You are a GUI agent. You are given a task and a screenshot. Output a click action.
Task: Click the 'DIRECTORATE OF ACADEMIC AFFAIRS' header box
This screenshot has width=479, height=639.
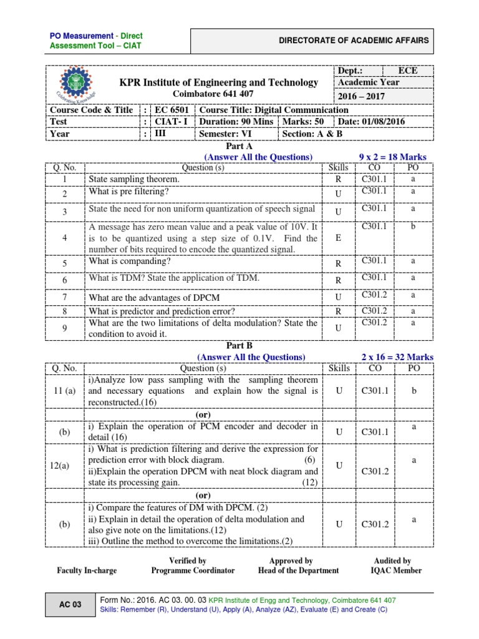[x=354, y=41]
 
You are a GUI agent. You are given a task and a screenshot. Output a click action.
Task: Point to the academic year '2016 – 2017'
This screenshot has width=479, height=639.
[x=362, y=96]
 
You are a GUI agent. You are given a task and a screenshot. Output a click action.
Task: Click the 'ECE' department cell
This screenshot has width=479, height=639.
[x=408, y=71]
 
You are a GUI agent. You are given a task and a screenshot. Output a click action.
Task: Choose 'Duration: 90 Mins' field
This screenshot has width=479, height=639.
[x=236, y=122]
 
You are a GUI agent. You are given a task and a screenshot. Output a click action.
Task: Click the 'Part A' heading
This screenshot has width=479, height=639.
[x=239, y=145]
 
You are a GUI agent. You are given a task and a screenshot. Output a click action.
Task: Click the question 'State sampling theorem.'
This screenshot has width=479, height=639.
[x=134, y=179]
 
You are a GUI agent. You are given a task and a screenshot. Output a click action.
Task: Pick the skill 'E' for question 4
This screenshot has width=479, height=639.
[x=338, y=238]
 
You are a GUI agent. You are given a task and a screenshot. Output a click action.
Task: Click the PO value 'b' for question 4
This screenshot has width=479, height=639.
[x=413, y=227]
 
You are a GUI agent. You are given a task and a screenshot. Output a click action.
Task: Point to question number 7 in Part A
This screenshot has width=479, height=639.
[x=65, y=297]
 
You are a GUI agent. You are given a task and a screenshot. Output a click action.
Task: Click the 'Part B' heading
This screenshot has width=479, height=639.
[x=239, y=344]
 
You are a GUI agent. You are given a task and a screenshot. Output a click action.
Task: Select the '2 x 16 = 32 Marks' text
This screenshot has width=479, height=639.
[x=397, y=356]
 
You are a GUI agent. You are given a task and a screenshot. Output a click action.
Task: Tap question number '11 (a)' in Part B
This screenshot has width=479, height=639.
[x=65, y=391]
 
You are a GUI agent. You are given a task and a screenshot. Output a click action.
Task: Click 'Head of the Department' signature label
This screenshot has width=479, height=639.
[x=298, y=570]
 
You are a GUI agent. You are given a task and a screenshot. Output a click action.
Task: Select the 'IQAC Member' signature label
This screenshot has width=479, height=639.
[x=393, y=570]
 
